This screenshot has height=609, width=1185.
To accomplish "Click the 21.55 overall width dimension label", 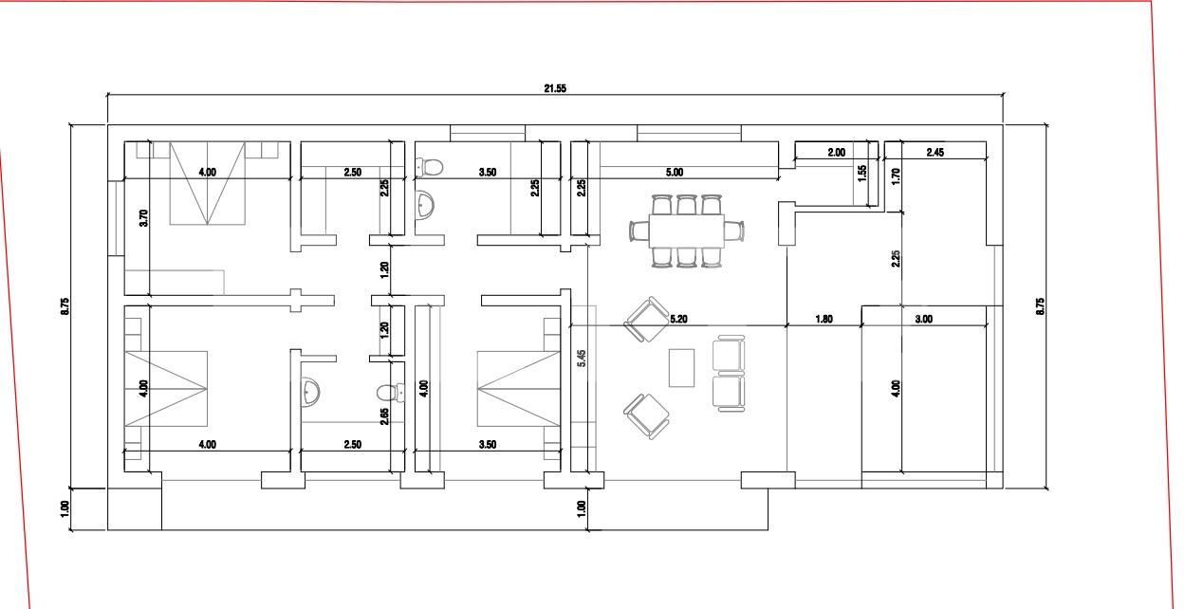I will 555,88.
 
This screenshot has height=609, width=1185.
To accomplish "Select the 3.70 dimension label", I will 143,218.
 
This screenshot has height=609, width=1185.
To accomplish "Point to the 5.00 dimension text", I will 674,173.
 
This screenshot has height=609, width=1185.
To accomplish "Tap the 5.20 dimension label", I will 678,320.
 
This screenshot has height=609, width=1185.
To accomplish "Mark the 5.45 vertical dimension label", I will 582,358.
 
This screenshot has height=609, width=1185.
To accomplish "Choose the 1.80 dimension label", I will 824,320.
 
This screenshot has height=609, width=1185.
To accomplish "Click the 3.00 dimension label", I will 923,320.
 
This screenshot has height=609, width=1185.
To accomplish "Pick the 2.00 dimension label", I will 836,153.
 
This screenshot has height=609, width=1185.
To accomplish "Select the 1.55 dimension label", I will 862,173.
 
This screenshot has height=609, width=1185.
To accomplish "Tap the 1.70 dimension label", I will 896,175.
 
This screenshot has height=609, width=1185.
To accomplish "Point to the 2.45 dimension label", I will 935,153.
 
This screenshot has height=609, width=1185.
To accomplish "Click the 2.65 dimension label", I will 383,415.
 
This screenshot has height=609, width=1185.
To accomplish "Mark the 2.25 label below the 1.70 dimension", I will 896,258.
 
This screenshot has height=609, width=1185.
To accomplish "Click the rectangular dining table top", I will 687,230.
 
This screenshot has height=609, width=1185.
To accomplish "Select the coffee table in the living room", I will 681,368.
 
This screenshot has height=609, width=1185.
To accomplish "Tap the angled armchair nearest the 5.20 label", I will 647,319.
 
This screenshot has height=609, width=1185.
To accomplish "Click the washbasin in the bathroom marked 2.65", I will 310,391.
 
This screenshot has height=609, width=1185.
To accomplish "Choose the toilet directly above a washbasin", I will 430,168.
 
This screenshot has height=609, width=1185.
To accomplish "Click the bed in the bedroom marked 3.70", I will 208,183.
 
